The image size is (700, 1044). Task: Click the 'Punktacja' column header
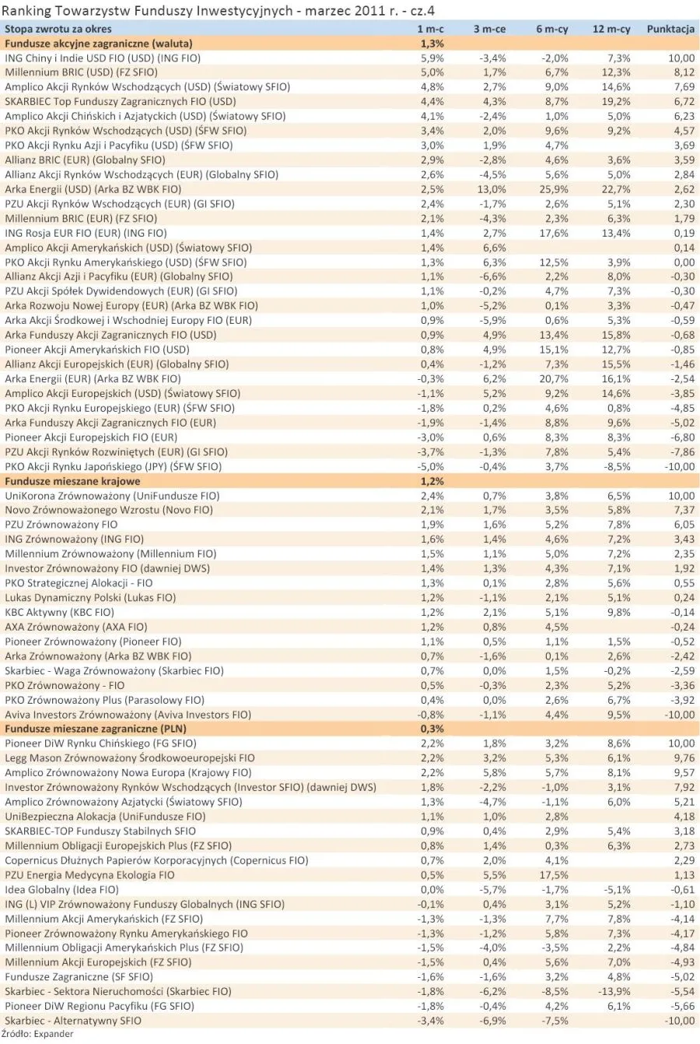(x=670, y=29)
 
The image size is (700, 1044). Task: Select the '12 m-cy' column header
(x=611, y=29)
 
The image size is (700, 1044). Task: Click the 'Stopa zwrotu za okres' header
(x=58, y=29)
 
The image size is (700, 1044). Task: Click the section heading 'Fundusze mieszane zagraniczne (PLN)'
(x=96, y=729)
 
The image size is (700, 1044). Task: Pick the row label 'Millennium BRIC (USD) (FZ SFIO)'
(x=81, y=72)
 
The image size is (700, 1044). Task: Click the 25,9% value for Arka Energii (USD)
(x=552, y=189)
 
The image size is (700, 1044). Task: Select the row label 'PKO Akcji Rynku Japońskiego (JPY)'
(x=113, y=466)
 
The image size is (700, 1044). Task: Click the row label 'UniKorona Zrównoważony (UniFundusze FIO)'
(x=112, y=496)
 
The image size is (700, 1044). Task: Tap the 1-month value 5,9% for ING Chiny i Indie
(x=432, y=58)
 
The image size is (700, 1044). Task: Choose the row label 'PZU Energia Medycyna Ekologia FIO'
(x=89, y=875)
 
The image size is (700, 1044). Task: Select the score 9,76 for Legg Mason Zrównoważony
(x=681, y=758)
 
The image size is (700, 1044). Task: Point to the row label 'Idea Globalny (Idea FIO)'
(x=61, y=890)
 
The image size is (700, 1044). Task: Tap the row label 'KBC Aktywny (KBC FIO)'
(x=59, y=613)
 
